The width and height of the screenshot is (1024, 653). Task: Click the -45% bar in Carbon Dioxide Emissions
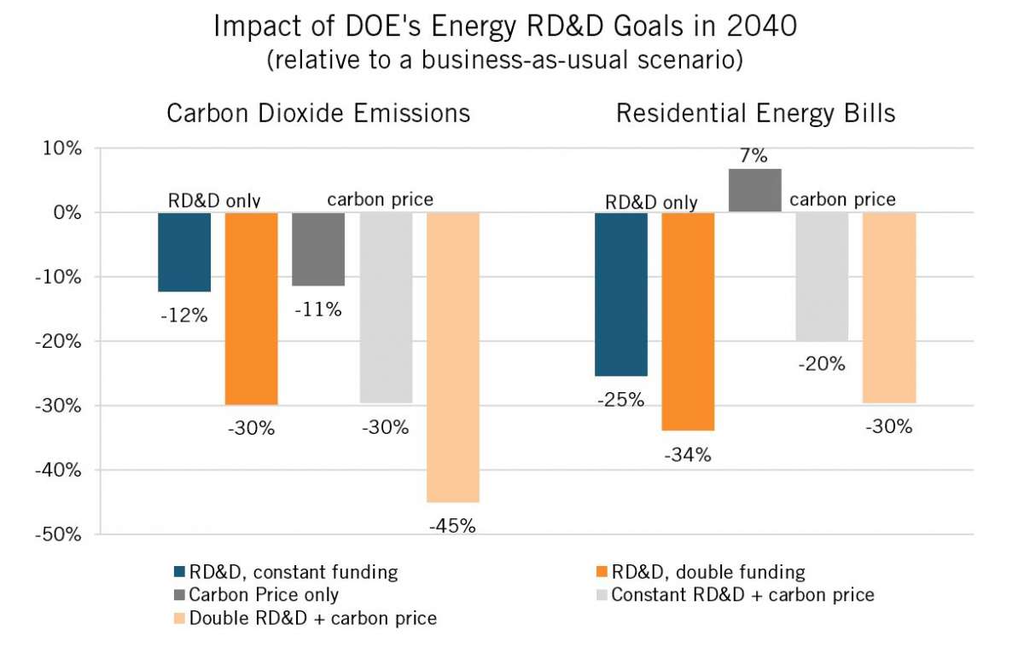pyautogui.click(x=452, y=356)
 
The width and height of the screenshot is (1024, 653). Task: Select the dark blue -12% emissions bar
pyautogui.click(x=184, y=251)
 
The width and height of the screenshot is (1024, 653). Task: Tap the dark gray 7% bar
pyautogui.click(x=755, y=190)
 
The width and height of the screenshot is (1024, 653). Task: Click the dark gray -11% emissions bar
pyautogui.click(x=318, y=248)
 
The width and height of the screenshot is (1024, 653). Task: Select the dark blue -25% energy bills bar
pyautogui.click(x=620, y=293)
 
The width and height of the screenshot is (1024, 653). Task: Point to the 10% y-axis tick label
pyautogui.click(x=61, y=148)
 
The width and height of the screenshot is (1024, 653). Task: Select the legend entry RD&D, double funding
pyautogui.click(x=707, y=572)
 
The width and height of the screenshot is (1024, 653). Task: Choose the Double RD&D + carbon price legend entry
pyautogui.click(x=312, y=618)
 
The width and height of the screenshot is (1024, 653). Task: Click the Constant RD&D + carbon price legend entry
pyautogui.click(x=742, y=595)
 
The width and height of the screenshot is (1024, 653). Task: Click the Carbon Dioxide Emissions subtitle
pyautogui.click(x=317, y=113)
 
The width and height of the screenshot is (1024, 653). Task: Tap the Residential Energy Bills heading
pyautogui.click(x=755, y=113)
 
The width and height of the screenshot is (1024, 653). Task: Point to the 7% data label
pyautogui.click(x=754, y=156)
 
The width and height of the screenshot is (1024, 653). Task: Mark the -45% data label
pyautogui.click(x=452, y=526)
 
